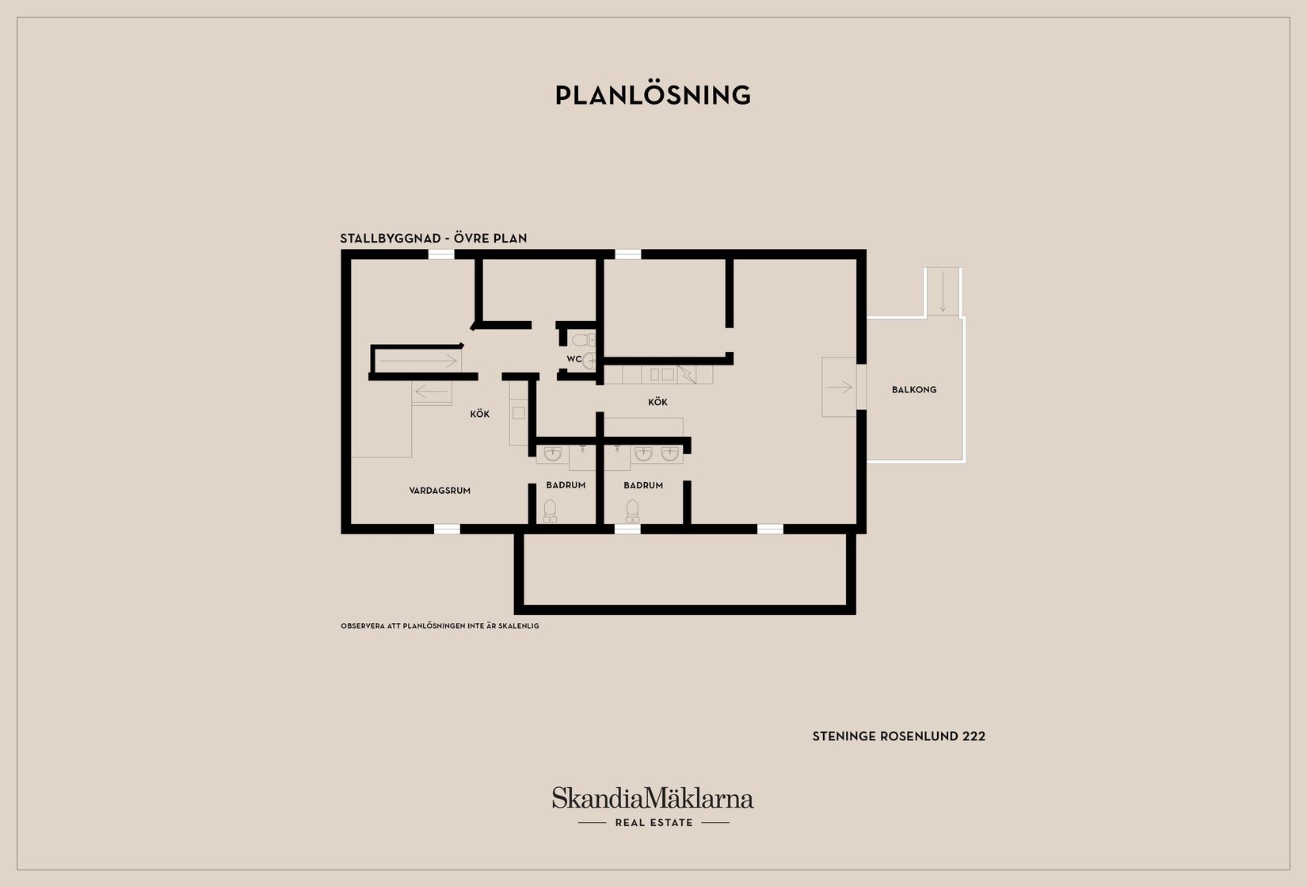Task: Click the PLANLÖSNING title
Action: click(x=653, y=95)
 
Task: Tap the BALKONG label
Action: click(x=914, y=389)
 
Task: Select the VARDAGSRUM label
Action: click(x=440, y=491)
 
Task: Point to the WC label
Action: click(x=573, y=358)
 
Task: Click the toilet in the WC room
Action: click(x=582, y=340)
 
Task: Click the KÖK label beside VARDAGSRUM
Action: click(x=479, y=414)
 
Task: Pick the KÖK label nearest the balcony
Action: click(x=657, y=402)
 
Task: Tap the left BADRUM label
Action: click(x=566, y=484)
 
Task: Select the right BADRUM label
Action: click(x=643, y=485)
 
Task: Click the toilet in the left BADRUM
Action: click(x=550, y=511)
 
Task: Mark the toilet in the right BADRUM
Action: click(x=632, y=511)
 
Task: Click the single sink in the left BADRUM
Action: click(x=553, y=453)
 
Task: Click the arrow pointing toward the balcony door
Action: click(x=840, y=387)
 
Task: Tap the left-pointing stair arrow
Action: click(x=431, y=392)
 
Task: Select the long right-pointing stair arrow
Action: click(x=417, y=361)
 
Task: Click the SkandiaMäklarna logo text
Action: click(x=653, y=798)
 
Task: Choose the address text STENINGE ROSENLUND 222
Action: click(x=898, y=736)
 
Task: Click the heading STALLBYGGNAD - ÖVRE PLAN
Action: click(x=433, y=239)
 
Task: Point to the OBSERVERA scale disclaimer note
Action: click(x=440, y=626)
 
